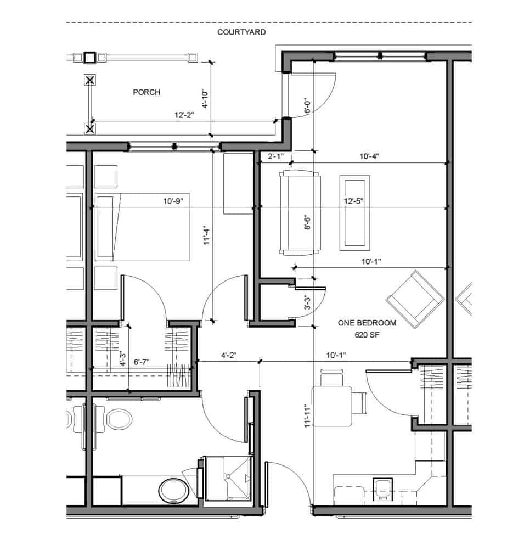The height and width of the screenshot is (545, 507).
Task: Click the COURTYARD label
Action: pos(241,32)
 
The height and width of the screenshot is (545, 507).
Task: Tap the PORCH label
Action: pos(147,92)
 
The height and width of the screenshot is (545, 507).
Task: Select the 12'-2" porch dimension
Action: pos(184,115)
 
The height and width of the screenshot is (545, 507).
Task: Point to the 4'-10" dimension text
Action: pos(205,98)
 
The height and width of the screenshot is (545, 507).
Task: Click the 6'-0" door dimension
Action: pos(308,106)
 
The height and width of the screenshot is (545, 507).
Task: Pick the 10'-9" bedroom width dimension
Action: pos(173,201)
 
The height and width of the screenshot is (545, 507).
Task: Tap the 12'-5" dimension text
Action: pos(354,201)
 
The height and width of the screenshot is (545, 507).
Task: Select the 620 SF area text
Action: pos(367,335)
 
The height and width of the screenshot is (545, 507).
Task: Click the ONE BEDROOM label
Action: pos(367,323)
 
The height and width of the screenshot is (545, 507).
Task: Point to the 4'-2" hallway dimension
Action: pos(229,355)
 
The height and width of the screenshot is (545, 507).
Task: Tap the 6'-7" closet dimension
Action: pos(142,362)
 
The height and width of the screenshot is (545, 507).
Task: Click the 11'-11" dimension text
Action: pos(307,415)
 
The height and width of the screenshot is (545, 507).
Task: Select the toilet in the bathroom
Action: pos(174,491)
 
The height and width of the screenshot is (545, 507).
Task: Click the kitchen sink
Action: pos(383,489)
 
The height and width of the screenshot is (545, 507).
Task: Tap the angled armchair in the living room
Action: pos(415,299)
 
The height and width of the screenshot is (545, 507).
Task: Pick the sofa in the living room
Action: pos(300,213)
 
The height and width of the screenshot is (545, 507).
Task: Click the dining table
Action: pos(332,406)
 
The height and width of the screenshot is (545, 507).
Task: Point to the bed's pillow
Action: pos(106,227)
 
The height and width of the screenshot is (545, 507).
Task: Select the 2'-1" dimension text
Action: pos(275,156)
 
